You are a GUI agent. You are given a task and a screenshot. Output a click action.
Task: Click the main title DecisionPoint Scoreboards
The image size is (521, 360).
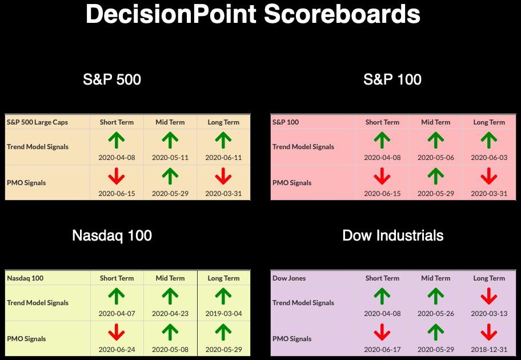pyautogui.click(x=253, y=14)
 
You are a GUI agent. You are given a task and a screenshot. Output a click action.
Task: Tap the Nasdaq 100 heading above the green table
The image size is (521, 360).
pyautogui.click(x=112, y=235)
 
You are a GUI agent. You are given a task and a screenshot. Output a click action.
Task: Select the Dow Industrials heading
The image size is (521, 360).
pyautogui.click(x=392, y=235)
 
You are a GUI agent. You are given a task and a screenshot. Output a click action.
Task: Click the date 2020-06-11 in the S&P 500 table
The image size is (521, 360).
pyautogui.click(x=223, y=158)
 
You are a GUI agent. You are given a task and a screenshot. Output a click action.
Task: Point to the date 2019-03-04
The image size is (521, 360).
pyautogui.click(x=223, y=314)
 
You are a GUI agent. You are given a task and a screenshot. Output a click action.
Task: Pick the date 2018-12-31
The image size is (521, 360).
pyautogui.click(x=489, y=349)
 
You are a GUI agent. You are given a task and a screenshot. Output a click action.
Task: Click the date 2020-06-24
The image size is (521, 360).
pyautogui.click(x=117, y=349)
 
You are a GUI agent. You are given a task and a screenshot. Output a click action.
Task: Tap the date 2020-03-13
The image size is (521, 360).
pyautogui.click(x=489, y=314)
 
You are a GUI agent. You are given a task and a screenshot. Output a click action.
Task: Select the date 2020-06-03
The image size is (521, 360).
pyautogui.click(x=489, y=158)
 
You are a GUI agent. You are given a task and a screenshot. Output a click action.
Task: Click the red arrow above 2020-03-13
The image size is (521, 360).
pyautogui.click(x=489, y=296)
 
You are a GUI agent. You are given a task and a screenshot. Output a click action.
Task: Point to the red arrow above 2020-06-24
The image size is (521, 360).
pyautogui.click(x=117, y=332)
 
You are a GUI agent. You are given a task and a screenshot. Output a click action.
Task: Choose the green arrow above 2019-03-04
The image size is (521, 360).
pyautogui.click(x=223, y=296)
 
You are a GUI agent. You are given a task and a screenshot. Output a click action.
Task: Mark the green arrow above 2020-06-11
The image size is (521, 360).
pyautogui.click(x=223, y=140)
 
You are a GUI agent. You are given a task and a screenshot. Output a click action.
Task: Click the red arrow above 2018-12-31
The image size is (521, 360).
pyautogui.click(x=489, y=332)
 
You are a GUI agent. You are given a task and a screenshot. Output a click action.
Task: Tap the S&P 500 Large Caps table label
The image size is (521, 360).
pyautogui.click(x=37, y=122)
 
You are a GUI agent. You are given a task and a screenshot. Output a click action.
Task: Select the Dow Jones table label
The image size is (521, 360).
pyautogui.click(x=289, y=278)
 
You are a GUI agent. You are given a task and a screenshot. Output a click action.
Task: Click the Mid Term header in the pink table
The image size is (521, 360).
pyautogui.click(x=436, y=122)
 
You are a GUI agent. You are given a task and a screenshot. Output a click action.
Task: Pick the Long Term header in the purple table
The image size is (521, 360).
pyautogui.click(x=489, y=278)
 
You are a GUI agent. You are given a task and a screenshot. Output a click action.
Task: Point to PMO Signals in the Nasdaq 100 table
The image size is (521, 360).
pyautogui.click(x=26, y=339)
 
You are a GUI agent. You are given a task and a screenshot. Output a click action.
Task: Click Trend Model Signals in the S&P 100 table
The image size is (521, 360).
pyautogui.click(x=303, y=147)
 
